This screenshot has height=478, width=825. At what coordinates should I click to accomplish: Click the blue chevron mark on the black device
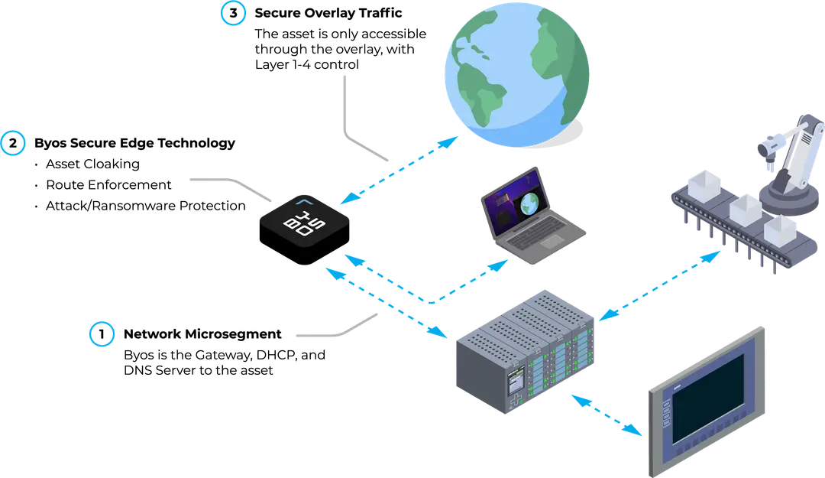[x=306, y=202]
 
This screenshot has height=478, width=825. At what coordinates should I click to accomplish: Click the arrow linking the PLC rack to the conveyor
[x=661, y=283]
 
